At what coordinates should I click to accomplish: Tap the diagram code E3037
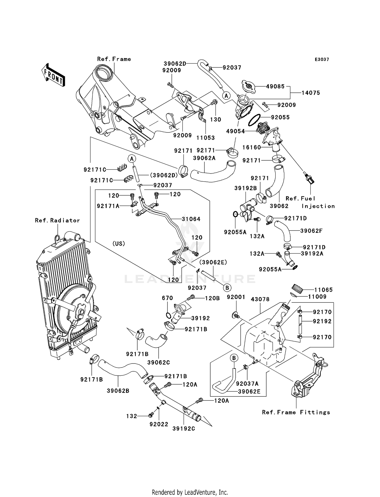point(322,60)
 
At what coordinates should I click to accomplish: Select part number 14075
point(311,93)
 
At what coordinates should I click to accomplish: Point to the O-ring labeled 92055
point(254,120)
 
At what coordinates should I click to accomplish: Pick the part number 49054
point(235,131)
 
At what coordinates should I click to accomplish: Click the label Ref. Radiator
point(58,220)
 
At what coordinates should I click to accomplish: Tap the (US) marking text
point(119,244)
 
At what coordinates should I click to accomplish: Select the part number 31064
point(191,219)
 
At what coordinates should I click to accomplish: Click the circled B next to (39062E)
point(227,288)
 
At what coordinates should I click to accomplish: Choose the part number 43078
point(260,299)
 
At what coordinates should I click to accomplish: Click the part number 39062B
point(118,391)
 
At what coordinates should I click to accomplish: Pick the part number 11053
point(205,138)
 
